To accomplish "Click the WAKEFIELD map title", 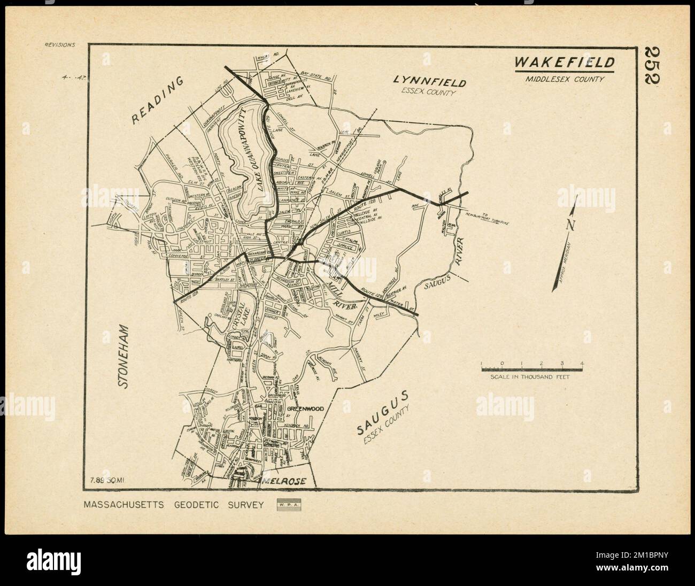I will (x=564, y=63).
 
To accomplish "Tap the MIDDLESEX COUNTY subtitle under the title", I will (x=564, y=79).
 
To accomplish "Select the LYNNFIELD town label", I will (x=430, y=82).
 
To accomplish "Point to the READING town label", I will (x=158, y=101).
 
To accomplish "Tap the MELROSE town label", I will (x=284, y=481).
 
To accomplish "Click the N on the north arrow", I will (x=570, y=225).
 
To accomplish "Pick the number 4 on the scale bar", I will (x=582, y=364).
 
